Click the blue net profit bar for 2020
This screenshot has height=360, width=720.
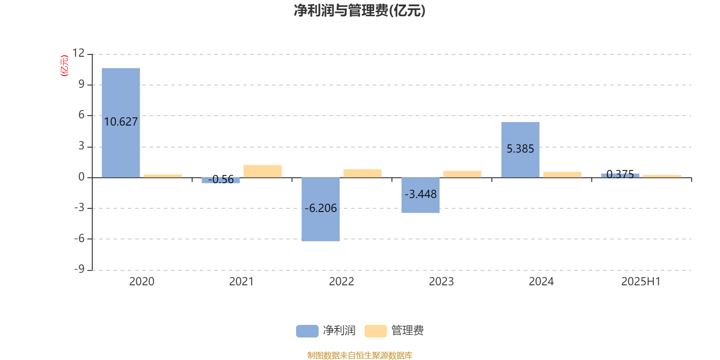click(x=121, y=123)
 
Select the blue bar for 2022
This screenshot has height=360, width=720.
click(x=320, y=209)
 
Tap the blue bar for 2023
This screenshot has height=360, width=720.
click(x=420, y=195)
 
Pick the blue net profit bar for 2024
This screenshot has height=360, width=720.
click(x=520, y=150)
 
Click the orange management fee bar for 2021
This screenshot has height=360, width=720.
click(x=263, y=171)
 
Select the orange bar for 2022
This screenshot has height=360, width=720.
click(x=363, y=174)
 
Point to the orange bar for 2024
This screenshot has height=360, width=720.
click(x=562, y=175)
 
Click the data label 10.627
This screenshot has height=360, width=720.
click(x=121, y=122)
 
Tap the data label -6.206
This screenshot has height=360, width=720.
click(x=320, y=208)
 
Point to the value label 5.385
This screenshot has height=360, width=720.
click(x=520, y=149)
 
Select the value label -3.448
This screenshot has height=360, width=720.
click(x=420, y=194)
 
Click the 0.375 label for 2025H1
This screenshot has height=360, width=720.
click(x=620, y=174)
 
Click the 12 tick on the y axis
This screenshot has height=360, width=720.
click(x=78, y=53)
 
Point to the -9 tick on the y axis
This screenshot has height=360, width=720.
click(x=79, y=269)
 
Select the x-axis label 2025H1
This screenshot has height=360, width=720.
click(x=641, y=282)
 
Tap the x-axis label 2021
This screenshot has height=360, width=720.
click(x=241, y=282)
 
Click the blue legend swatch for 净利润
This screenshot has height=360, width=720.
click(x=307, y=331)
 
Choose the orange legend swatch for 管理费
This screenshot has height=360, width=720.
click(x=375, y=331)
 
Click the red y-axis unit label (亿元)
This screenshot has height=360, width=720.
click(x=65, y=66)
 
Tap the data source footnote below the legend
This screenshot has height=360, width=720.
click(x=360, y=355)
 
